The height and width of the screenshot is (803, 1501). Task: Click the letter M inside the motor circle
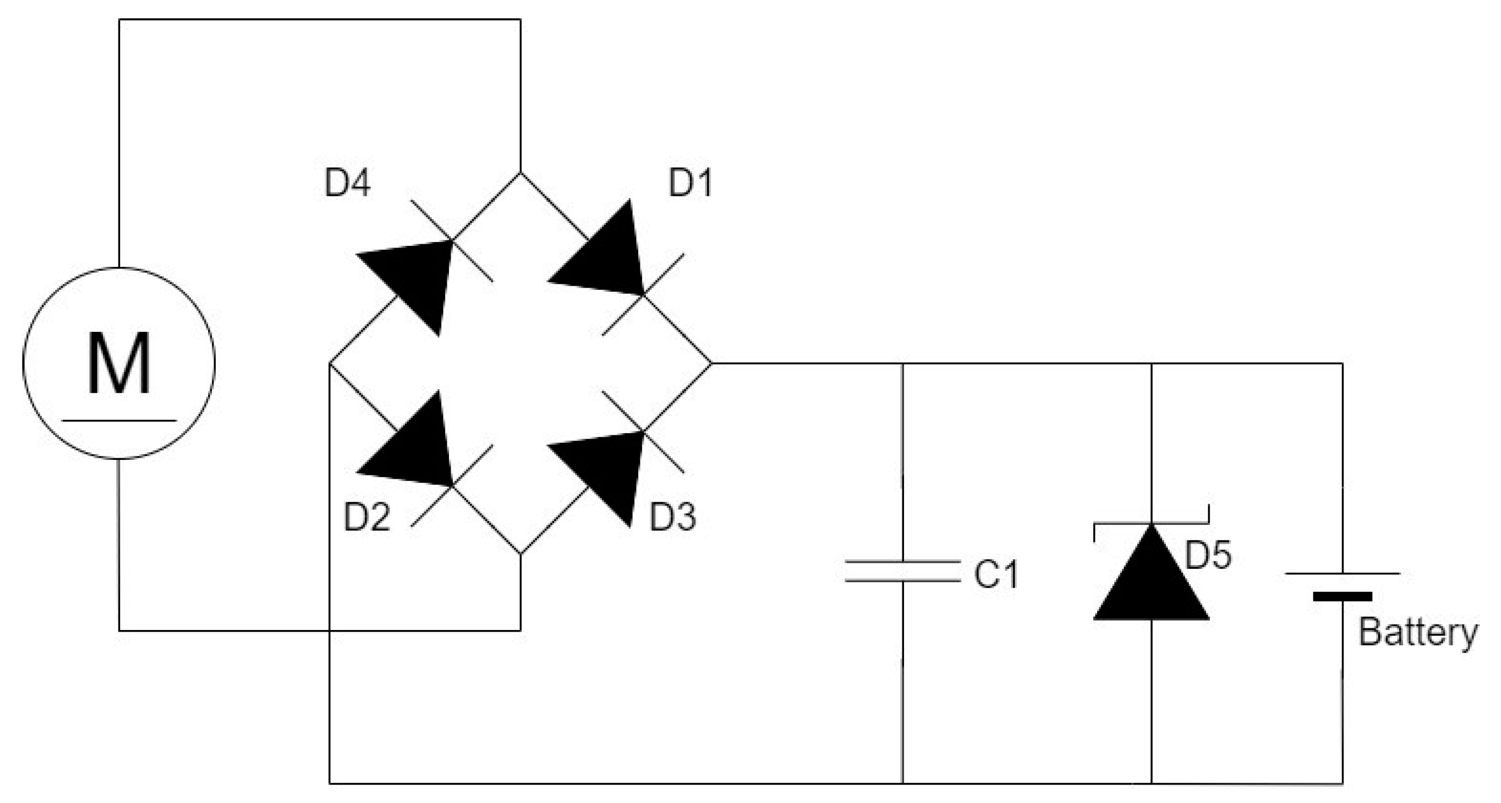(x=120, y=363)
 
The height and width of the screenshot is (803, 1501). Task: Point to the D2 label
(x=367, y=517)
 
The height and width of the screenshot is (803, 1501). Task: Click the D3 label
(x=673, y=517)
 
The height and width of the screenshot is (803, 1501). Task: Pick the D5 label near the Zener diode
(x=1208, y=554)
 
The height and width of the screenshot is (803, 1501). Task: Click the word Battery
(x=1418, y=632)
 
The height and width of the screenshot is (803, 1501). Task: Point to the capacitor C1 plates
(x=902, y=571)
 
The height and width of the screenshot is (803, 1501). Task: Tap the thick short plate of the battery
(x=1342, y=597)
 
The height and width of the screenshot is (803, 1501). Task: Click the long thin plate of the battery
(x=1342, y=573)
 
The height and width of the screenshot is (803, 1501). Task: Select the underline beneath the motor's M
(x=120, y=420)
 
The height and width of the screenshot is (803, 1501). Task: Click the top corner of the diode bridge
(x=520, y=173)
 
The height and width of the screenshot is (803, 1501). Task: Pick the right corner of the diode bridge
(x=711, y=363)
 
